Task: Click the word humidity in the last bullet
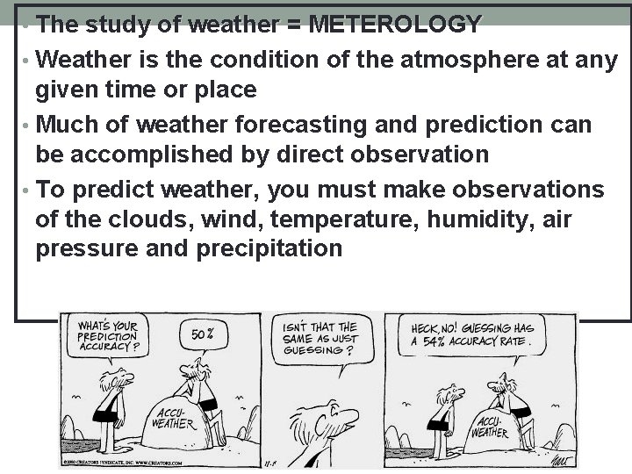[468, 218]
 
